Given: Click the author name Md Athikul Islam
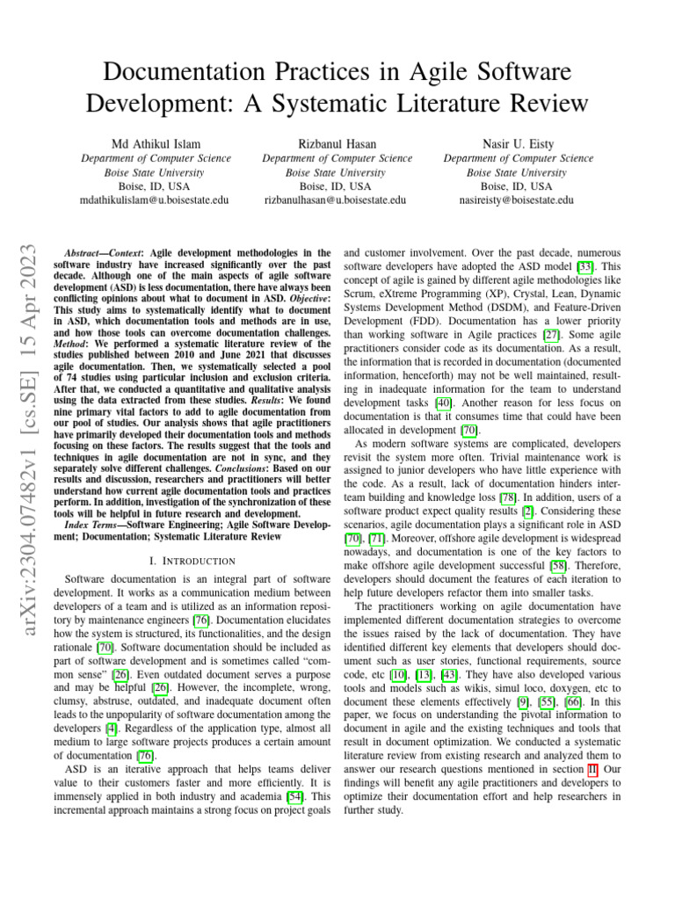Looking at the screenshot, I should (x=155, y=143).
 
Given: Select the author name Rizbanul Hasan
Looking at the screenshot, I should (x=337, y=143).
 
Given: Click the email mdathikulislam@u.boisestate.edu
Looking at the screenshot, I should (x=155, y=200).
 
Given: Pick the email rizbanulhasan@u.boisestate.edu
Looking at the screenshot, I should (x=337, y=200).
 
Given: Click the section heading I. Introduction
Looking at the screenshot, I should (x=192, y=561).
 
